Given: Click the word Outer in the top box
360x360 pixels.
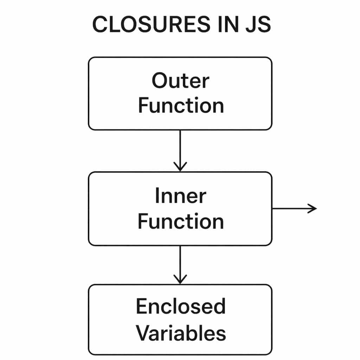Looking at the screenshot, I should point(180,81).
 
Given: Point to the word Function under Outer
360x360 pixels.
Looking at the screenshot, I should point(181,106).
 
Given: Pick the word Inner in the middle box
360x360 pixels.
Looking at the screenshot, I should point(180,196).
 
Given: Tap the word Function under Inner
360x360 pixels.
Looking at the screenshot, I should point(180,221).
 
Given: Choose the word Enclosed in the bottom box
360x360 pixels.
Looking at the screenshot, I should point(180,306).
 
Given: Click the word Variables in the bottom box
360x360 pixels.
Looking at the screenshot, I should point(181,333).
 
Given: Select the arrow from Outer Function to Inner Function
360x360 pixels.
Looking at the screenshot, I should point(180,149).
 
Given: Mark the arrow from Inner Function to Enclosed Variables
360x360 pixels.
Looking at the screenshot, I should point(180,264).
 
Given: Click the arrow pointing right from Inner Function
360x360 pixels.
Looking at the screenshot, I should point(294,208).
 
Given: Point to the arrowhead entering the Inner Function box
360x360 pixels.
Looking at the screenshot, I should point(180,167).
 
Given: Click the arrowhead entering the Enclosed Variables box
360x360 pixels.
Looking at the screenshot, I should point(180,279).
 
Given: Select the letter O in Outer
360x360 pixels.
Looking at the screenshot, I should point(160,81).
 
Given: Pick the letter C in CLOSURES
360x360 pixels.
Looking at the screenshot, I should point(100,25).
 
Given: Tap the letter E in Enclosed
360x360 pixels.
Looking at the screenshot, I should point(141,306).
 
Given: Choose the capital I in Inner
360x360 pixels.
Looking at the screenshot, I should point(157,196).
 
